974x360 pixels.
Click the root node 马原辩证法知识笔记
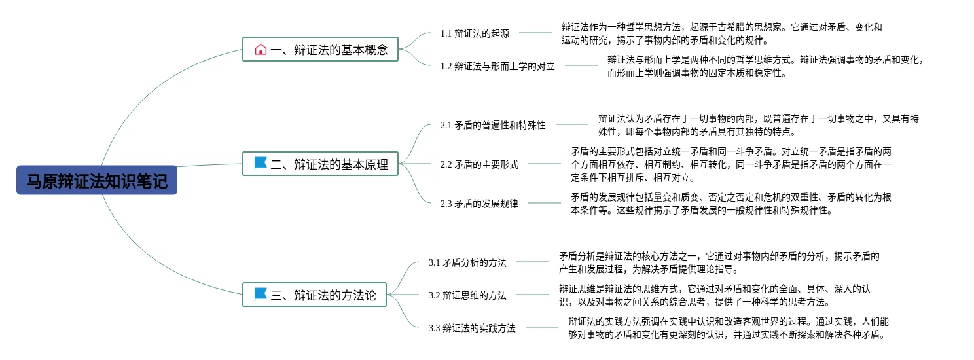click(97, 180)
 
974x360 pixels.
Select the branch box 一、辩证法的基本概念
click(321, 49)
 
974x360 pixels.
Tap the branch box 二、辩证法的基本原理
click(321, 164)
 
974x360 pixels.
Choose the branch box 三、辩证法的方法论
click(315, 295)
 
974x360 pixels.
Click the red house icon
click(261, 49)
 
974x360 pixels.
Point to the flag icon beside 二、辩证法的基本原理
click(261, 164)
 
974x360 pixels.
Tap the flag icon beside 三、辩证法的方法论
click(261, 295)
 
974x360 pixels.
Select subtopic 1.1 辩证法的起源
click(475, 33)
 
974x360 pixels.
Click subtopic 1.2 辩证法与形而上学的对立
click(497, 66)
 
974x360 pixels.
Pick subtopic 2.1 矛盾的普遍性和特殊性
click(493, 125)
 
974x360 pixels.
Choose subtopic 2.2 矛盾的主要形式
click(479, 164)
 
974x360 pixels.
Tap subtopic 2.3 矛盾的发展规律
click(479, 204)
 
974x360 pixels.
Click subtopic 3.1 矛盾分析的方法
click(467, 262)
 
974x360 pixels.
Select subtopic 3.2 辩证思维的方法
click(467, 295)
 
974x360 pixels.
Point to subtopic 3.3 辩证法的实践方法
click(472, 328)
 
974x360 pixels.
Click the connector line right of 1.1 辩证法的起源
click(535, 33)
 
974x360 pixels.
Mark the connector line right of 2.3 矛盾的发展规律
click(545, 203)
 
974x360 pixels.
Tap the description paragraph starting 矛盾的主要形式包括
click(730, 164)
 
